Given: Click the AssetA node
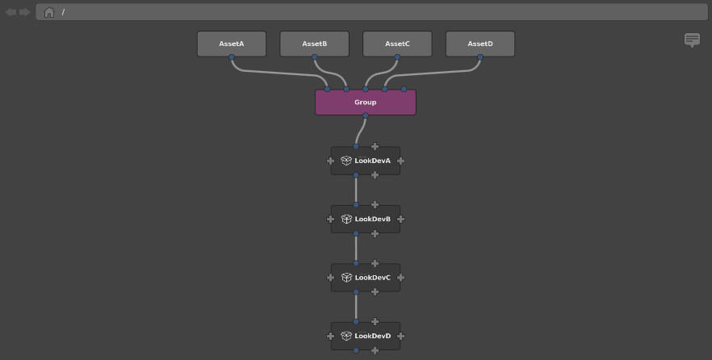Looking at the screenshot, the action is (x=232, y=44).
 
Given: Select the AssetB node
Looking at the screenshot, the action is (x=315, y=44).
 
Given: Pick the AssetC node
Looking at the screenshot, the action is (x=397, y=44).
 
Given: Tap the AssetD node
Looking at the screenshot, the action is (x=480, y=44).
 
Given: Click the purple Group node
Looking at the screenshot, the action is (x=366, y=103).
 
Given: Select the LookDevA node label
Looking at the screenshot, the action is (x=372, y=161).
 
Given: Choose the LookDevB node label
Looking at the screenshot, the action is (x=372, y=220).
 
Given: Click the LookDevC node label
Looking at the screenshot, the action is (x=372, y=278).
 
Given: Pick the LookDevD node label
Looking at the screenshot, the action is (x=372, y=336).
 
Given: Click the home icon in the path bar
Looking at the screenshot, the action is (x=49, y=12).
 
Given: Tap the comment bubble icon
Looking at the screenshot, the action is (x=692, y=40).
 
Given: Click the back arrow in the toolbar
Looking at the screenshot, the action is (x=11, y=12).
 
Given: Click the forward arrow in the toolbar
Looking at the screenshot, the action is (x=24, y=12).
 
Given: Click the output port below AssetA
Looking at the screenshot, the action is (x=232, y=57).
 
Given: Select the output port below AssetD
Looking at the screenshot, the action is (x=480, y=57).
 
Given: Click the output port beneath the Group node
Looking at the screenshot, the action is (x=366, y=115).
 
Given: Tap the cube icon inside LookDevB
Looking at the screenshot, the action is (x=346, y=220).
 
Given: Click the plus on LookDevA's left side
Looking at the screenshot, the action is (x=331, y=161).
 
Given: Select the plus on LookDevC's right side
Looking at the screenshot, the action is (x=400, y=278).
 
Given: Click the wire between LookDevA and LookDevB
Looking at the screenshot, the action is (x=356, y=190).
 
